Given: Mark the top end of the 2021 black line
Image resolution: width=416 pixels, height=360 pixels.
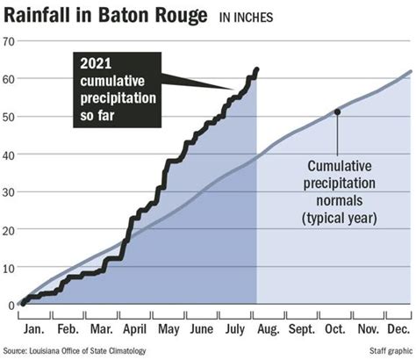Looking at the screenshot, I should point(256,68).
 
